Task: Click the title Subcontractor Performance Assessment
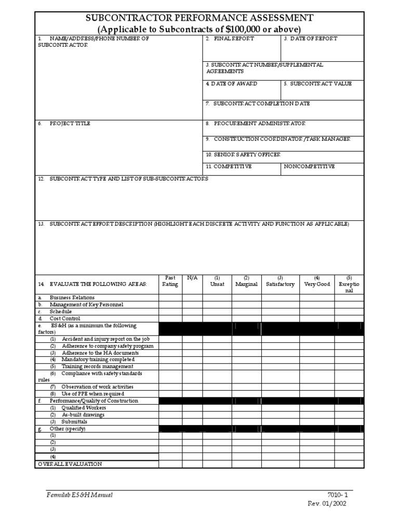(x=199, y=19)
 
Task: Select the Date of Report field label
(x=310, y=39)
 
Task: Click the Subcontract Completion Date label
(x=258, y=104)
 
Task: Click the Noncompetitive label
(x=310, y=166)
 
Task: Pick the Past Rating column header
(x=170, y=281)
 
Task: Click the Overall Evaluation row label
(x=70, y=464)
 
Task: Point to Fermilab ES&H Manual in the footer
(x=79, y=495)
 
